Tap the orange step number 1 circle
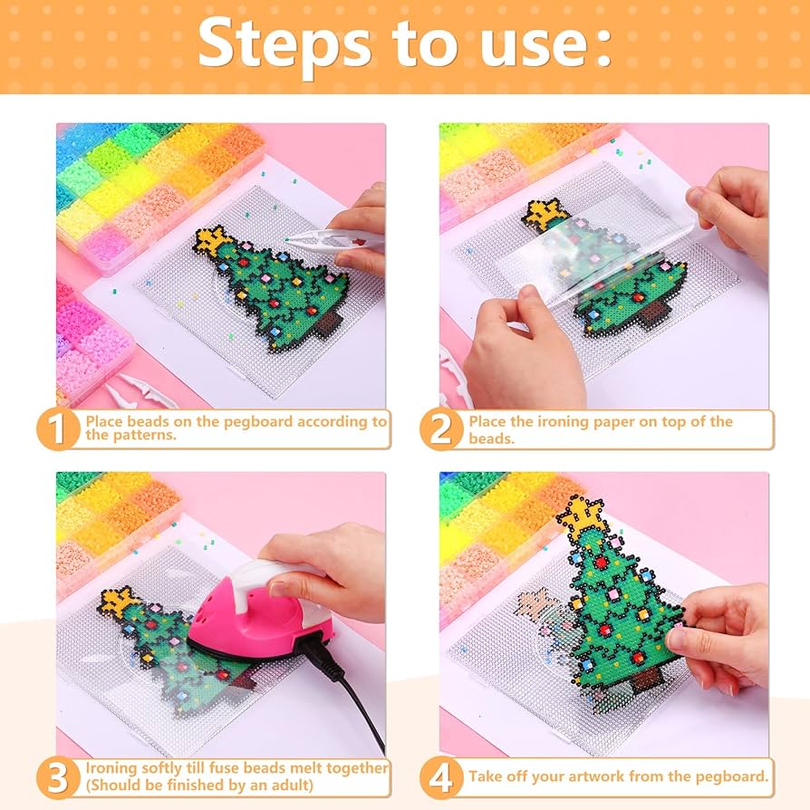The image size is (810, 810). pos(59,429)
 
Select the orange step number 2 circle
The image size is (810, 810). pos(441,429)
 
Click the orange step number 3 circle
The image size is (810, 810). pos(59,778)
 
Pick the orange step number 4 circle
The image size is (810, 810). pos(441,778)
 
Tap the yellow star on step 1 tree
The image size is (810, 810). pos(215,239)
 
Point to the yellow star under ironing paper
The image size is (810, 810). pos(545,213)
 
